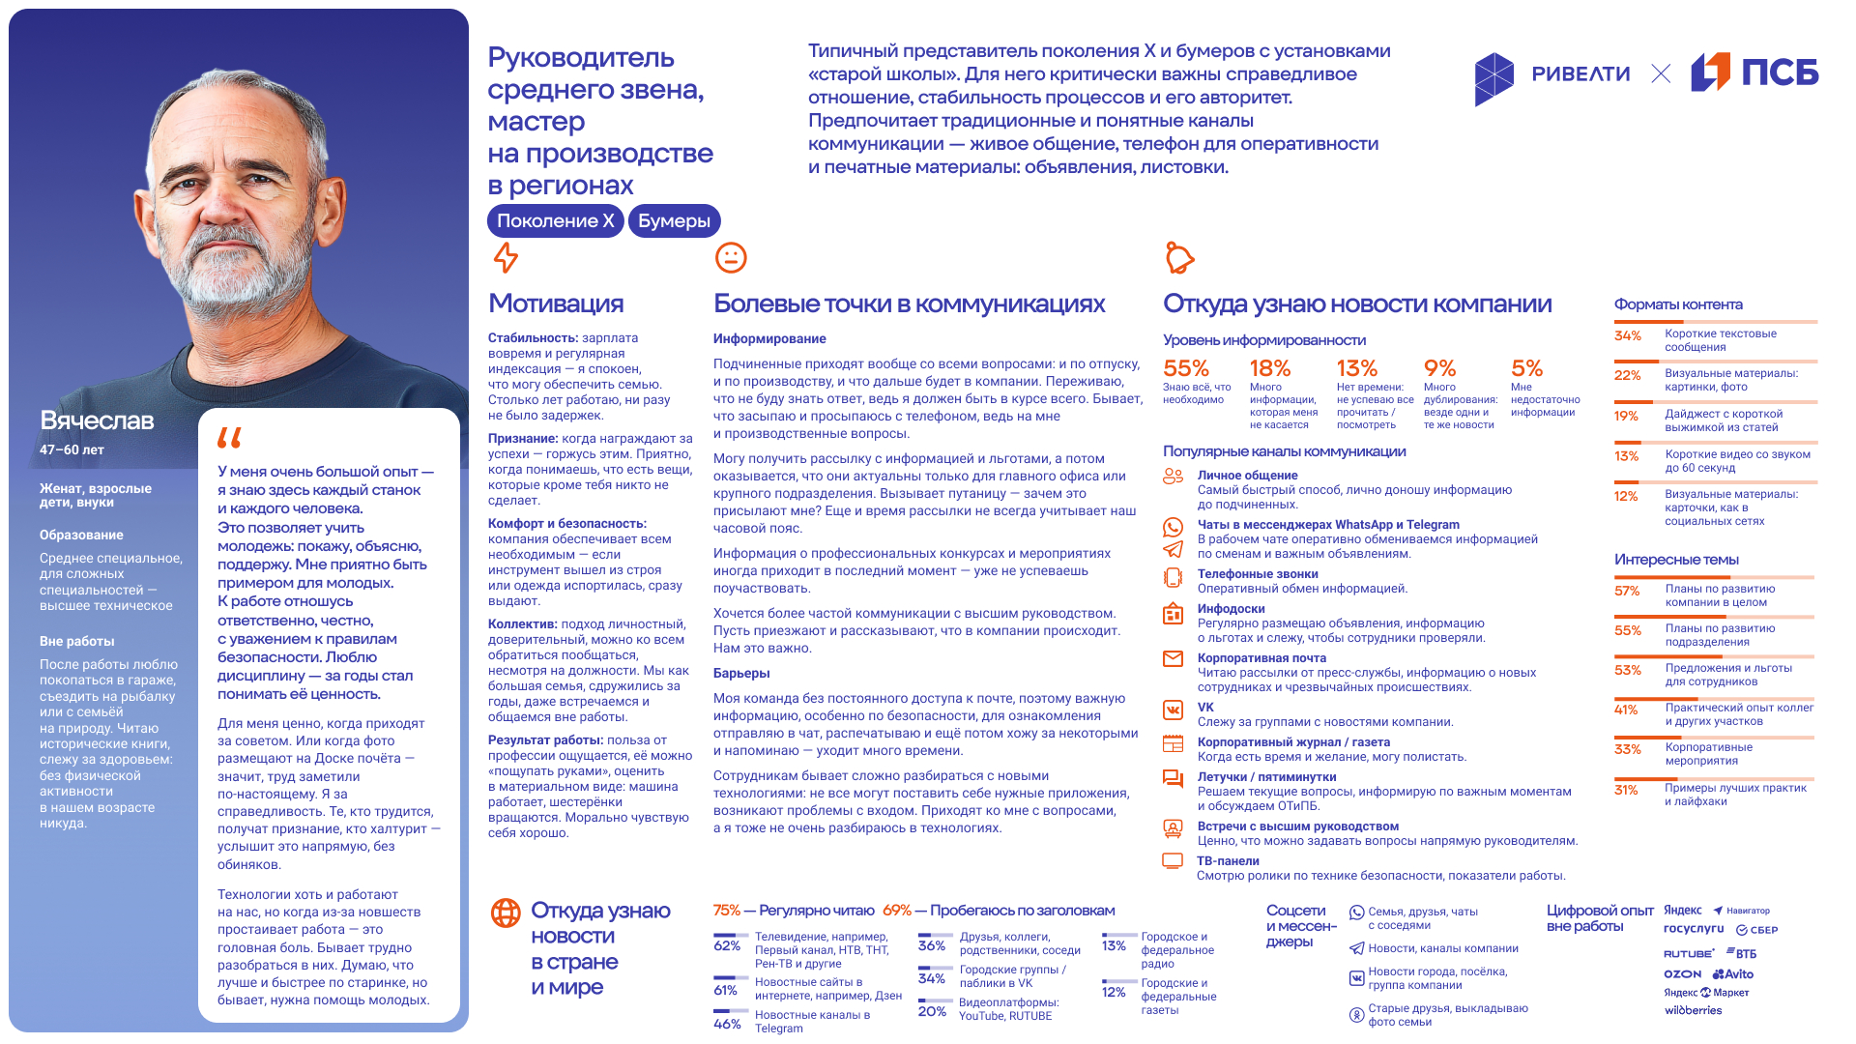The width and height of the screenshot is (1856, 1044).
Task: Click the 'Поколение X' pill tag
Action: click(x=555, y=220)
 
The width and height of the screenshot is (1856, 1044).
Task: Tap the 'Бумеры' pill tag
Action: click(x=674, y=220)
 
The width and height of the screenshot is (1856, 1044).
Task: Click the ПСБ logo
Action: click(x=1754, y=72)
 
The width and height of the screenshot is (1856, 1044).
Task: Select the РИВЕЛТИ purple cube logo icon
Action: click(x=1493, y=77)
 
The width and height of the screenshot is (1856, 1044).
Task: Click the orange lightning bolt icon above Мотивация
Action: click(x=506, y=257)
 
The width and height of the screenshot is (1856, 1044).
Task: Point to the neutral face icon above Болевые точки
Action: click(x=731, y=257)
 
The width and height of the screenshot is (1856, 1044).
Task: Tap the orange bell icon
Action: click(x=1179, y=257)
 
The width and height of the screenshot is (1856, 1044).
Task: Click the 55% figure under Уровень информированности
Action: click(x=1186, y=368)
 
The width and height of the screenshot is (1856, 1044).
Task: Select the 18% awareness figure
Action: click(x=1270, y=368)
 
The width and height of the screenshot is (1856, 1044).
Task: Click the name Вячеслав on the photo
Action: click(x=97, y=420)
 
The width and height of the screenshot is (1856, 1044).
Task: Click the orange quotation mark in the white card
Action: click(x=229, y=438)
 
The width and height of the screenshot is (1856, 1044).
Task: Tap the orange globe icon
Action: click(x=506, y=913)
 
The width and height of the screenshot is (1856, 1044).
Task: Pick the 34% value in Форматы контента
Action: click(x=1628, y=335)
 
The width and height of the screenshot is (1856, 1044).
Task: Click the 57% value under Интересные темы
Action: click(x=1627, y=591)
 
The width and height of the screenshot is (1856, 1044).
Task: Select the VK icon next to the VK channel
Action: click(x=1173, y=710)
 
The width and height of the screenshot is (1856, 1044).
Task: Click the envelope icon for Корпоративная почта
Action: click(x=1173, y=659)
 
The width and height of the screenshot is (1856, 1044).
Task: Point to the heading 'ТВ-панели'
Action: click(x=1228, y=860)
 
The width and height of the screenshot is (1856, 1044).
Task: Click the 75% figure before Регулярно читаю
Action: click(x=726, y=911)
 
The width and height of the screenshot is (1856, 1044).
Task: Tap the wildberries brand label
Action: click(x=1693, y=1010)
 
